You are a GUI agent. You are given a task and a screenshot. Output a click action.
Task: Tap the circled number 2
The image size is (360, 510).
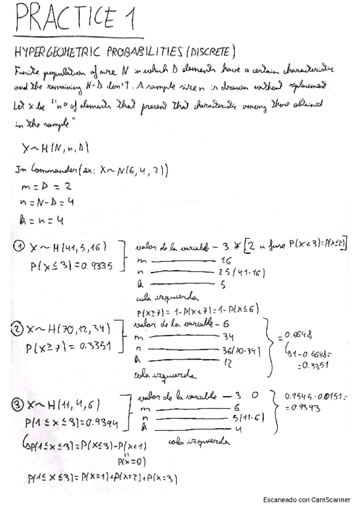(x=17, y=329)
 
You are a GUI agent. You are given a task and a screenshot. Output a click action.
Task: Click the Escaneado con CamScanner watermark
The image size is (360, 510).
(x=307, y=500)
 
